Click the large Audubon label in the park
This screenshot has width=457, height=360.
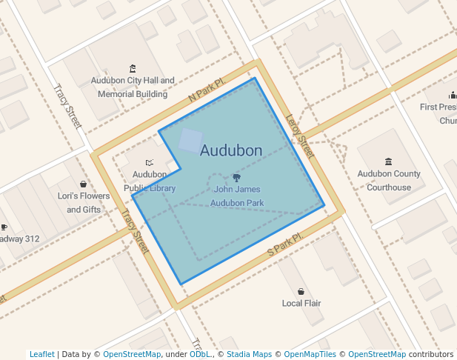pyautogui.click(x=231, y=150)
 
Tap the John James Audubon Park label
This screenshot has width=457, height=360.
pyautogui.click(x=237, y=196)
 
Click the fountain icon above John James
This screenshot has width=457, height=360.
pyautogui.click(x=236, y=178)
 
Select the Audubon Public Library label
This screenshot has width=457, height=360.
pyautogui.click(x=150, y=181)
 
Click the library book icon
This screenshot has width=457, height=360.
pyautogui.click(x=150, y=162)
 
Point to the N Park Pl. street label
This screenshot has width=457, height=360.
pyautogui.click(x=206, y=92)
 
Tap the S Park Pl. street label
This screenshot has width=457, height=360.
pyautogui.click(x=285, y=246)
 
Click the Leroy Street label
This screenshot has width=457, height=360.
pyautogui.click(x=300, y=136)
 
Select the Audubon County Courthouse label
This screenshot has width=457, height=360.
pyautogui.click(x=389, y=181)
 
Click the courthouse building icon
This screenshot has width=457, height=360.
pyautogui.click(x=388, y=161)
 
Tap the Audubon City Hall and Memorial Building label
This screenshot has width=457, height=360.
pyautogui.click(x=133, y=87)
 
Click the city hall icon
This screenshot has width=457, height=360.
pyautogui.click(x=133, y=68)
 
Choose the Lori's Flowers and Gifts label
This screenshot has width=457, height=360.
pyautogui.click(x=84, y=203)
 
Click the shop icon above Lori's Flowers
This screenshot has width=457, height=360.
pyautogui.click(x=84, y=184)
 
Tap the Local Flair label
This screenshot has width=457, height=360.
pyautogui.click(x=301, y=303)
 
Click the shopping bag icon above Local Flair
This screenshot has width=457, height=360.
pyautogui.click(x=301, y=291)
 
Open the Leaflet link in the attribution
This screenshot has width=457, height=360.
pyautogui.click(x=42, y=354)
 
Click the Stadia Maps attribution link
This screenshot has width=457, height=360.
pyautogui.click(x=249, y=354)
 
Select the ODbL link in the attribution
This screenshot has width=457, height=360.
pyautogui.click(x=200, y=354)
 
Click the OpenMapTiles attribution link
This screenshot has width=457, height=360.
pyautogui.click(x=310, y=354)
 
